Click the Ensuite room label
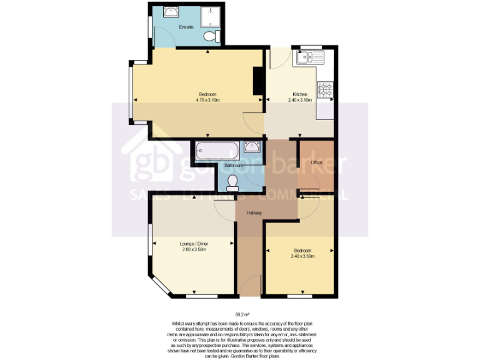tap(186, 27)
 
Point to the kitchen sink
tap(309, 58)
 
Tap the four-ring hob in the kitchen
tap(325, 90)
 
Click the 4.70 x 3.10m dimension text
tap(207, 100)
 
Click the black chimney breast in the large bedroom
tap(257, 81)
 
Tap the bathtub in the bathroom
tap(216, 150)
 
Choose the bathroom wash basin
tap(252, 147)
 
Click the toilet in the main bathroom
tap(232, 181)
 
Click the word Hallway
tap(254, 214)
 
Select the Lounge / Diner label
tap(193, 244)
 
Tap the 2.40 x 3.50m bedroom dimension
tap(302, 256)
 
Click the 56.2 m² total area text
tap(242, 314)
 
